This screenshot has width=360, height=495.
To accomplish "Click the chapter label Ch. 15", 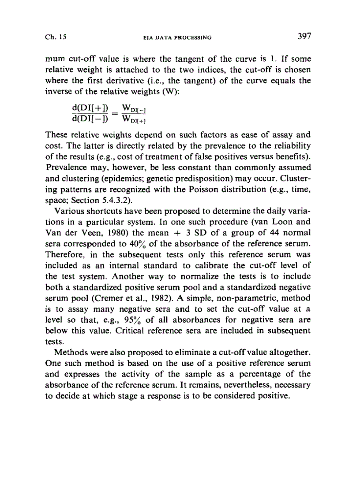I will click(x=55, y=37).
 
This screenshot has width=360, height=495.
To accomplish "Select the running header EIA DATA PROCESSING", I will click(x=175, y=37).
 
